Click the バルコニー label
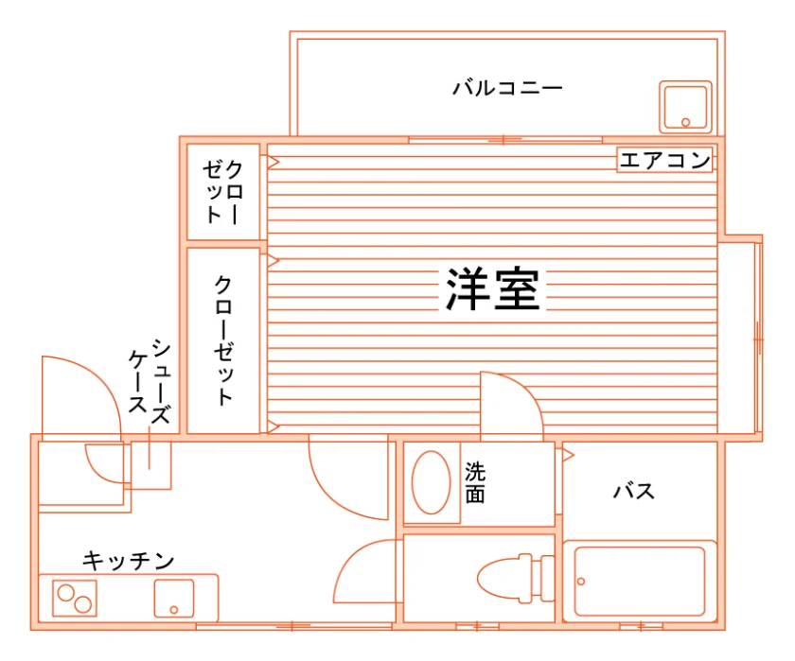[507, 88]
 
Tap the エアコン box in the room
[664, 160]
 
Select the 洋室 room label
[492, 288]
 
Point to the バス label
[634, 491]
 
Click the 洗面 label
[475, 482]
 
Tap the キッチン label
[129, 561]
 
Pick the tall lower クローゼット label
[223, 339]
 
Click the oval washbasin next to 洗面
[431, 482]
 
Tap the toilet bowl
[500, 579]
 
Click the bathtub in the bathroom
[640, 581]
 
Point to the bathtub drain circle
[581, 582]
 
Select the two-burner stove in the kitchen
[75, 599]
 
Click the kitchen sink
[174, 599]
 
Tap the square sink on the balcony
[685, 107]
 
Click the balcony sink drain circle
[685, 122]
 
